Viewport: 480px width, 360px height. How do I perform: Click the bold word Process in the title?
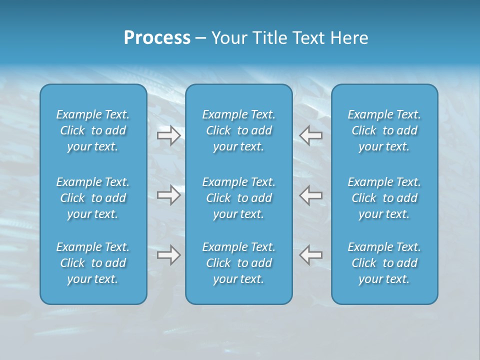157,38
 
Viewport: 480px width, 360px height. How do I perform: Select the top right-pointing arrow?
168,135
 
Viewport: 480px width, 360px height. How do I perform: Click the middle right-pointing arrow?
168,195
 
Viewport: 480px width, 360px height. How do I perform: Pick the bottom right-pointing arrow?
168,255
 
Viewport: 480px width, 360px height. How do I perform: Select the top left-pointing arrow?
310,135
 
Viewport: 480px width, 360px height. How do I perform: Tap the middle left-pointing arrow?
310,195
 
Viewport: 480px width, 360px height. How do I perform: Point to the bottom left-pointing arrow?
310,255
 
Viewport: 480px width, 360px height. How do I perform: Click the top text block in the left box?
93,130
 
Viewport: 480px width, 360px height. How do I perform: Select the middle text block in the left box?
93,198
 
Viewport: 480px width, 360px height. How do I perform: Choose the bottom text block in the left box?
93,263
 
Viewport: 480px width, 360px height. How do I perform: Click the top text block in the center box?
239,130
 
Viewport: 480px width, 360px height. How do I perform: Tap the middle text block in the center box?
239,198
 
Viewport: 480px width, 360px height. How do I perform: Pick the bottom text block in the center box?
239,263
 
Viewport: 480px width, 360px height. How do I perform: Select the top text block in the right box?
384,130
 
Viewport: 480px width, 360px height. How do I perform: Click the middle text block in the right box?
384,198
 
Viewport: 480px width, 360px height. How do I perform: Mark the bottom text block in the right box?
384,263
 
